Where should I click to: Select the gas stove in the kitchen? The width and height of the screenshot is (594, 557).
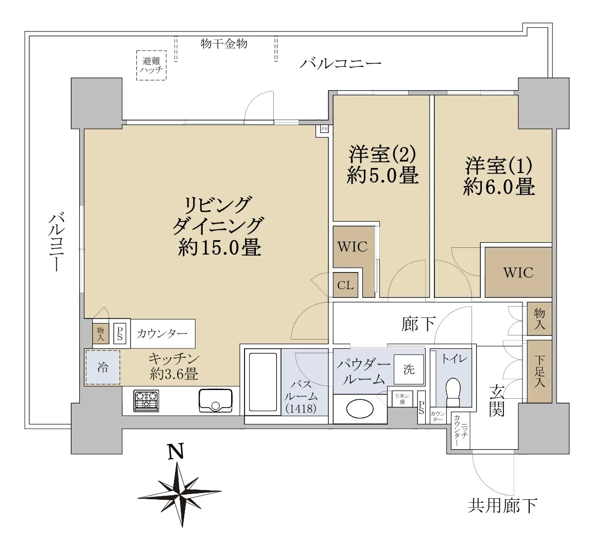click(x=146, y=401)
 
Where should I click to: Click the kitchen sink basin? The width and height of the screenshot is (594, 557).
click(x=216, y=400)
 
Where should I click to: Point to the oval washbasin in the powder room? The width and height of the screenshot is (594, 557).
click(x=360, y=409)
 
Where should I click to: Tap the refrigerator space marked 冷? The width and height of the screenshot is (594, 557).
click(x=102, y=367)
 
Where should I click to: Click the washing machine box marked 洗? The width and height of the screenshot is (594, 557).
click(x=409, y=369)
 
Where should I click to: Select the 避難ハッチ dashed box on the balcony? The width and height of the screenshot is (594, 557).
click(x=151, y=65)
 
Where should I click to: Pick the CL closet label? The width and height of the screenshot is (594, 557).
click(x=345, y=285)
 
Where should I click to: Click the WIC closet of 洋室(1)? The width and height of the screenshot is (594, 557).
click(x=518, y=272)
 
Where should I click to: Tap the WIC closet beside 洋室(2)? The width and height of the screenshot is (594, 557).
click(x=352, y=247)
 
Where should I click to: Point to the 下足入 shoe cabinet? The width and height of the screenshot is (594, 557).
click(x=539, y=372)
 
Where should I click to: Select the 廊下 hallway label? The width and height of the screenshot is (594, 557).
click(x=418, y=324)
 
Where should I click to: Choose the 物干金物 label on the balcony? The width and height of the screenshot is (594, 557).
click(x=224, y=44)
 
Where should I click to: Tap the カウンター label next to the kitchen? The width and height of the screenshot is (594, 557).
click(x=162, y=334)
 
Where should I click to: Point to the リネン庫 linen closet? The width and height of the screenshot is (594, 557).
click(x=403, y=398)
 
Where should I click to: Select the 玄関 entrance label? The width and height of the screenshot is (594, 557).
click(x=496, y=400)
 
